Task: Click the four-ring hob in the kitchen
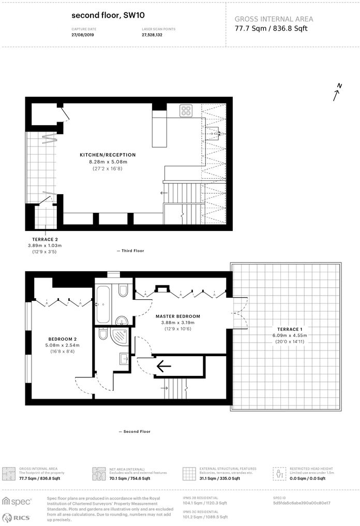[186, 110]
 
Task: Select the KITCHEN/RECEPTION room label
[108, 155]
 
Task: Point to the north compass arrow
[337, 92]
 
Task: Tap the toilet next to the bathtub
[123, 290]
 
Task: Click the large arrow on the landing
[163, 367]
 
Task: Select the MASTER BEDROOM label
[177, 316]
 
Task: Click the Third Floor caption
[132, 251]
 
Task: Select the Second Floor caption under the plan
[136, 431]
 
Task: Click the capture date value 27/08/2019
[83, 35]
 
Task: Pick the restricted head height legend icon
[279, 473]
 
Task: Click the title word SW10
[134, 16]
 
